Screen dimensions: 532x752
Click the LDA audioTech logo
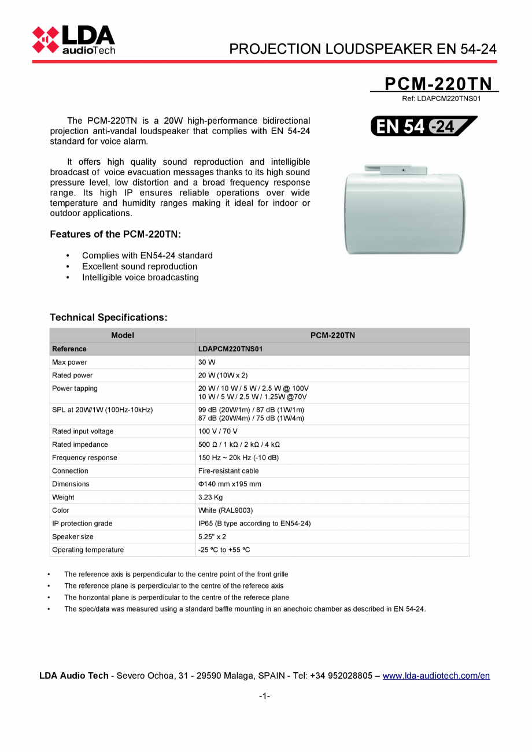[x=73, y=40]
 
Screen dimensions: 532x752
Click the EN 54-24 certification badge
[x=424, y=126]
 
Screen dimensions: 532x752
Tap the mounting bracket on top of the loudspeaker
[x=403, y=170]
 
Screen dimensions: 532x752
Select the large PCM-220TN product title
[x=438, y=84]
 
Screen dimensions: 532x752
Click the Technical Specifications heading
[x=109, y=317]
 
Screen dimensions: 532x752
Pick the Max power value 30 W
[x=206, y=362]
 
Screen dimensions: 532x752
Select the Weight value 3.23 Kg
[x=210, y=497]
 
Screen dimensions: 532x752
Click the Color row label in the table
[x=61, y=510]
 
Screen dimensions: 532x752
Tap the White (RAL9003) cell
[x=226, y=510]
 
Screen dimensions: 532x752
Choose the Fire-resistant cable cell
[x=228, y=471]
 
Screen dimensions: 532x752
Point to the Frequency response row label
[x=84, y=458]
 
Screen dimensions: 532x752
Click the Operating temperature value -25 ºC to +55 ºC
[x=224, y=550]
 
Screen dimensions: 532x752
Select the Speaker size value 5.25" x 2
[x=212, y=536]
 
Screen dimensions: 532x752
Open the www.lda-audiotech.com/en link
[x=436, y=676]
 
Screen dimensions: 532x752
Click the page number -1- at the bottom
[x=265, y=696]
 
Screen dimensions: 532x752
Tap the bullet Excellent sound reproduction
[x=139, y=266]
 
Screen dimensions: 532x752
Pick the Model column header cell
[x=123, y=335]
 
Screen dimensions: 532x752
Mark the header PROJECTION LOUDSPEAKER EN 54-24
[x=363, y=49]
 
